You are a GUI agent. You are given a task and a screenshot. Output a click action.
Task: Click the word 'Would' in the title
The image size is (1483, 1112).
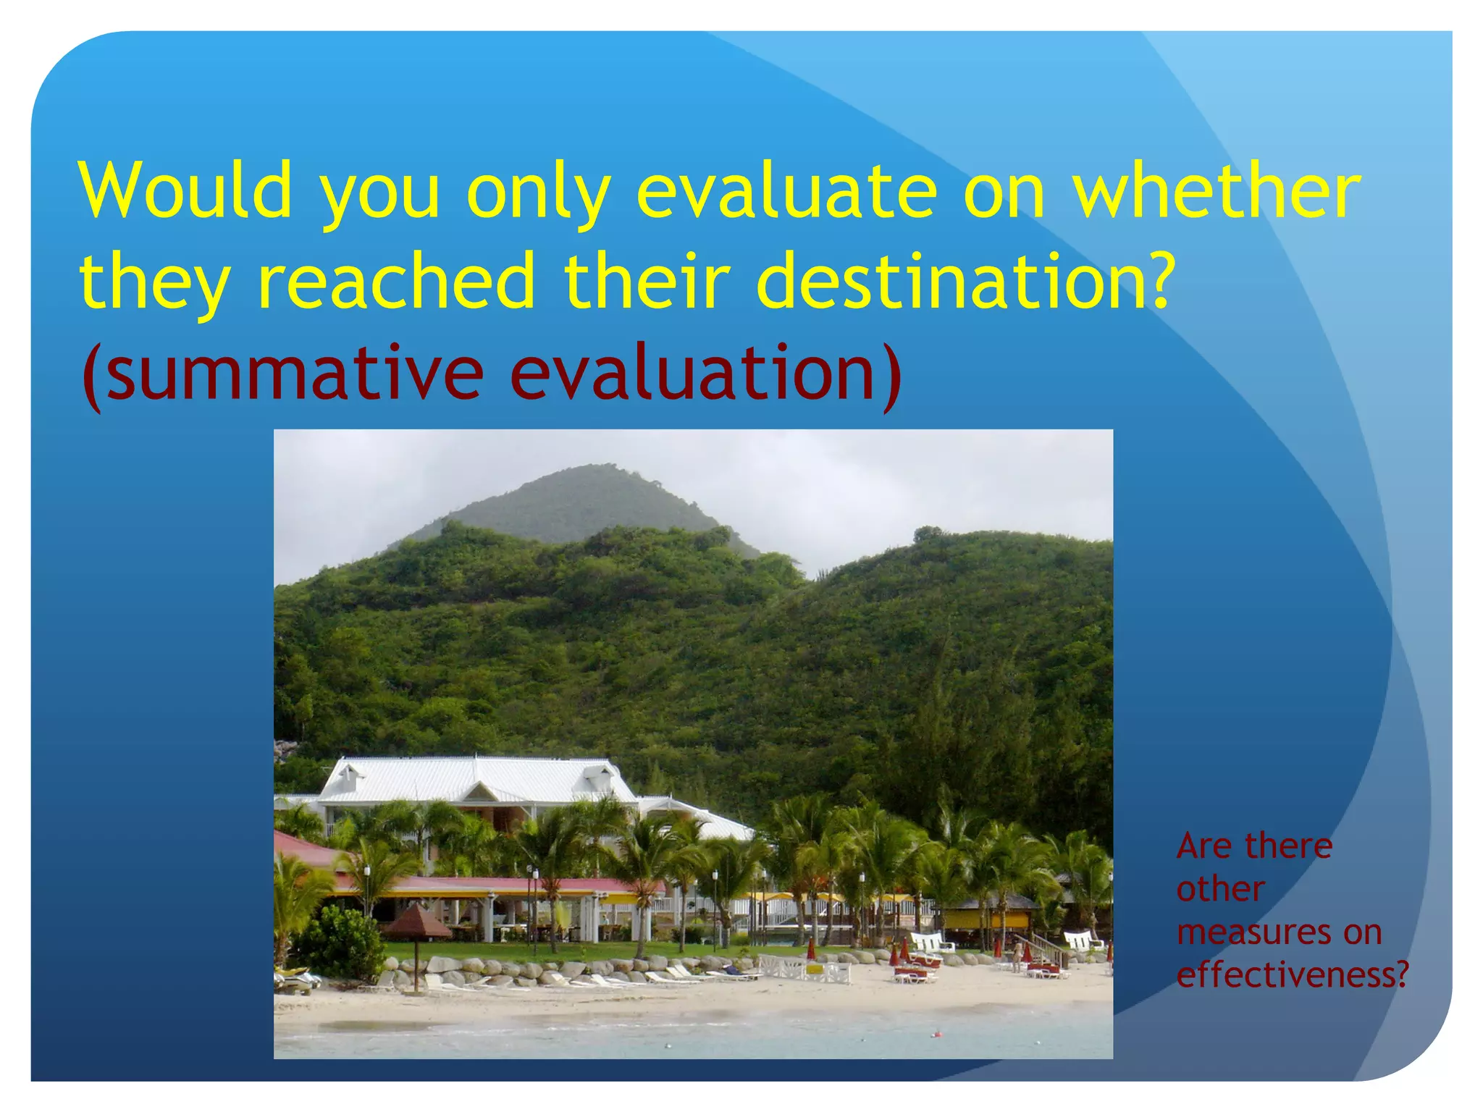pos(185,190)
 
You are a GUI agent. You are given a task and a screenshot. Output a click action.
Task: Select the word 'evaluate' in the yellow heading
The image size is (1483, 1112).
pos(786,190)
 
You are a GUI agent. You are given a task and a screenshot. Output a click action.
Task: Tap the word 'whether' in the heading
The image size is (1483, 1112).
pos(1216,190)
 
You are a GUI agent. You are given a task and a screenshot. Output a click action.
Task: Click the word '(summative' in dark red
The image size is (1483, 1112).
pos(282,373)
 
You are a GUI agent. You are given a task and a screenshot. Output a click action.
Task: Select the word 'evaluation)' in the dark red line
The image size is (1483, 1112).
pos(706,373)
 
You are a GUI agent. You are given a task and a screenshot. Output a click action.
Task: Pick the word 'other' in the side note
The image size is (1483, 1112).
pos(1221,889)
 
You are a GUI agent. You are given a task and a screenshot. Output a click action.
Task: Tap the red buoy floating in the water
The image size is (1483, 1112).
pos(935,1034)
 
